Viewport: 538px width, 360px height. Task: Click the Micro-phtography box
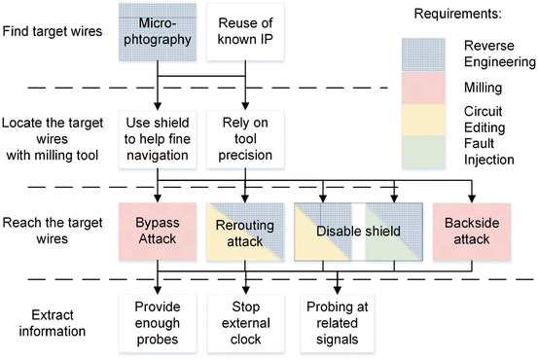(159, 32)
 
